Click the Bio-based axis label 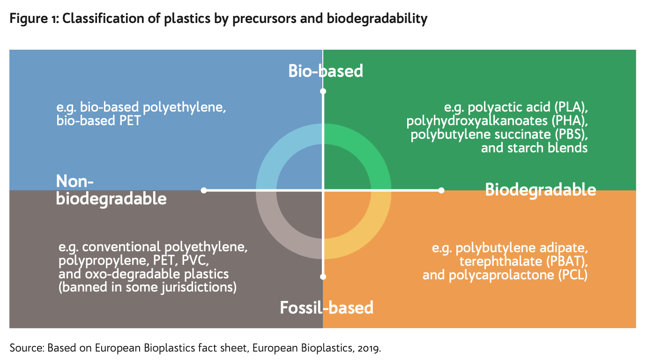[326, 71]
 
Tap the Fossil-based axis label [327, 308]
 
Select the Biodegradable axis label [540, 190]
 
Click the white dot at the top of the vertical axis [323, 91]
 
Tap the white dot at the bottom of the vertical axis [323, 277]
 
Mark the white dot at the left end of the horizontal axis [204, 190]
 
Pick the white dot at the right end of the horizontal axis [441, 190]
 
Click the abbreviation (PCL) [573, 275]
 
